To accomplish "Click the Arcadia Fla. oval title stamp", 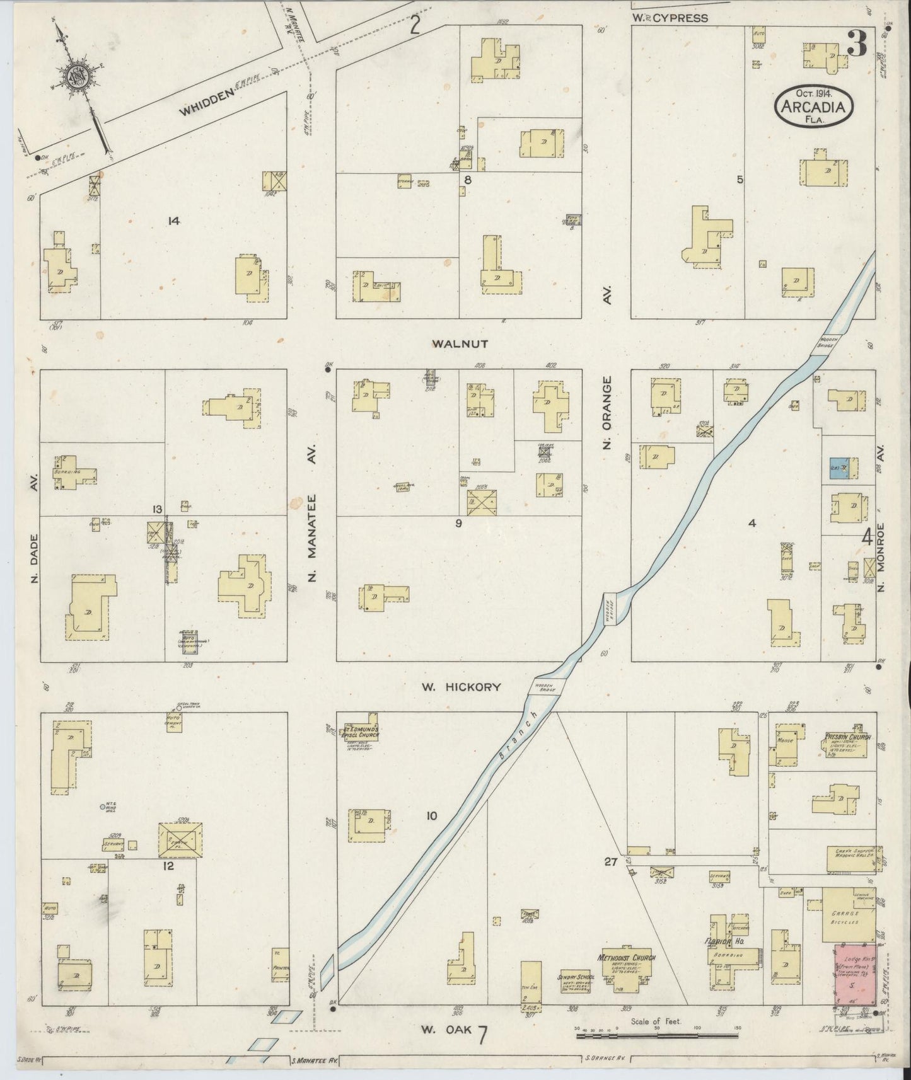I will pyautogui.click(x=813, y=106).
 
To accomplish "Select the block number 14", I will pyautogui.click(x=174, y=221).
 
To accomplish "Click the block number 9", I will pyautogui.click(x=458, y=522).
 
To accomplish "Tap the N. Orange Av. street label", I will pyautogui.click(x=607, y=413).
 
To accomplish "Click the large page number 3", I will pyautogui.click(x=857, y=45).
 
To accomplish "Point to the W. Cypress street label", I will pyautogui.click(x=670, y=18).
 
